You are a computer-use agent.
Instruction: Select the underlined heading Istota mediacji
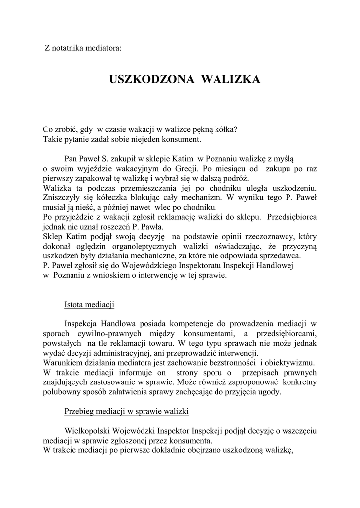(x=90, y=304)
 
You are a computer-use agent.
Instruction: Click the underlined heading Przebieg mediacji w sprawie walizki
(x=126, y=411)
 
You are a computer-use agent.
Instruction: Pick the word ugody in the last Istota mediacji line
(x=270, y=392)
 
